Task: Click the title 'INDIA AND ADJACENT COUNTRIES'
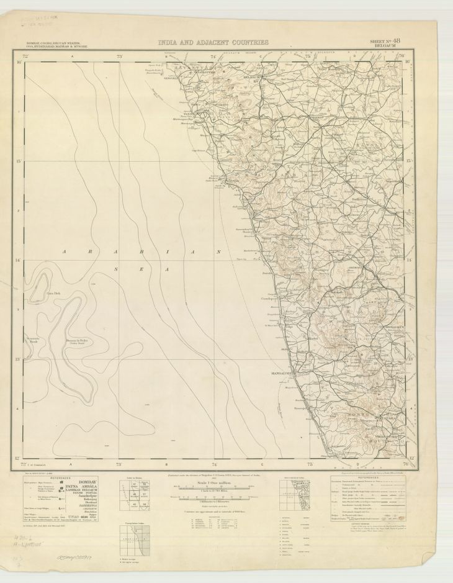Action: (x=213, y=42)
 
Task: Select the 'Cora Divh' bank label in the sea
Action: (x=53, y=293)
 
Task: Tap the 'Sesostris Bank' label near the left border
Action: (x=33, y=339)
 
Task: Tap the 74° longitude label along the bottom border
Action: (x=214, y=464)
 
